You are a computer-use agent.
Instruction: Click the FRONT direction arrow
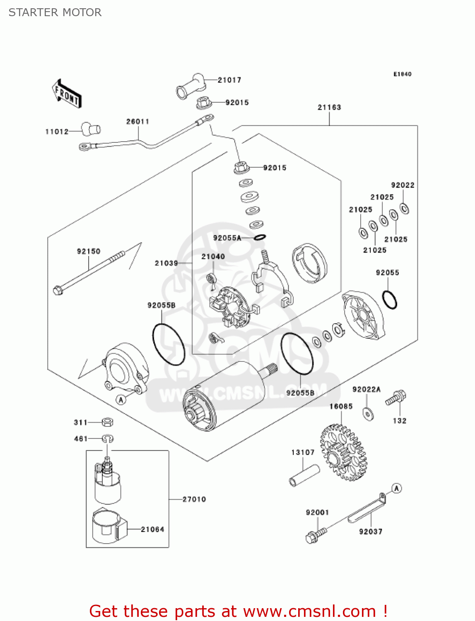coord(66,94)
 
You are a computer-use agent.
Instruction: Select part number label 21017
coord(229,80)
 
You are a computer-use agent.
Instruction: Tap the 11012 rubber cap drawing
coord(91,129)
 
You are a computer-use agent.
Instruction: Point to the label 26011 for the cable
coord(137,121)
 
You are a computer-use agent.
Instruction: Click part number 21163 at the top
coord(329,107)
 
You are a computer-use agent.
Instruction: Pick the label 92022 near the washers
coord(403,185)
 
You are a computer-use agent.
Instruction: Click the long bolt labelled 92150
coord(89,271)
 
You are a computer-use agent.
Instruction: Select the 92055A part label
coord(227,238)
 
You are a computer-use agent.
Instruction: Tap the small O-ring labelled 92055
coord(389,300)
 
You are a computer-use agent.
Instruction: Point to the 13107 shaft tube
coord(304,476)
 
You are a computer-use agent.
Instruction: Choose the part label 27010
coord(194,499)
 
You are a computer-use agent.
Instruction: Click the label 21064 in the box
coord(152,529)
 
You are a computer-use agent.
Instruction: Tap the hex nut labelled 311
coord(108,422)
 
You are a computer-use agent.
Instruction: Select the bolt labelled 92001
coord(316,534)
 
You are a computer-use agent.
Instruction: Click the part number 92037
coord(371,532)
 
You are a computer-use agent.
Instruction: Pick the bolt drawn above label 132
coord(396,398)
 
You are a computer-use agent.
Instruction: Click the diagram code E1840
coord(402,74)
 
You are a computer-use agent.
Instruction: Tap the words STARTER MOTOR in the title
coord(55,12)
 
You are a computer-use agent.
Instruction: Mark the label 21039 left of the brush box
coord(166,263)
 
